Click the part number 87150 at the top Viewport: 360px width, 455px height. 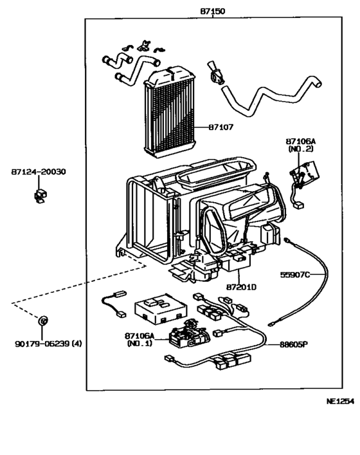[212, 11]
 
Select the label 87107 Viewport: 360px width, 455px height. [221, 127]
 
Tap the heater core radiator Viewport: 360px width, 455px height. [170, 112]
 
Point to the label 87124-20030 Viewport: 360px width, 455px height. [39, 172]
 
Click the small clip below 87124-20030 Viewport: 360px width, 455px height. [40, 196]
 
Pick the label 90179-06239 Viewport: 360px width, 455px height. [42, 344]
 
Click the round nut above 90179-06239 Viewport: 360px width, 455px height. [42, 320]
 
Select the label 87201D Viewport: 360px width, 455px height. [241, 287]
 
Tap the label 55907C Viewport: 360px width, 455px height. [295, 275]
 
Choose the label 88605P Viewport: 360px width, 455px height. [294, 344]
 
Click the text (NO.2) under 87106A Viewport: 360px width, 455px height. [301, 149]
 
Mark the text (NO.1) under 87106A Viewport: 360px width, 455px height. [139, 343]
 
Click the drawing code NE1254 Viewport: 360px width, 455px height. [340, 402]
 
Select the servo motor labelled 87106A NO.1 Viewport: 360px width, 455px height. [188, 334]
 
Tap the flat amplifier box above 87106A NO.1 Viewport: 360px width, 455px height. [161, 308]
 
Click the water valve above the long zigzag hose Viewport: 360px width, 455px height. [216, 73]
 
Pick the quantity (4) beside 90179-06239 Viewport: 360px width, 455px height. [76, 344]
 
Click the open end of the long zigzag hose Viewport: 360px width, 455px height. [318, 84]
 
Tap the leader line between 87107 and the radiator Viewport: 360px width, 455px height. [202, 127]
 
